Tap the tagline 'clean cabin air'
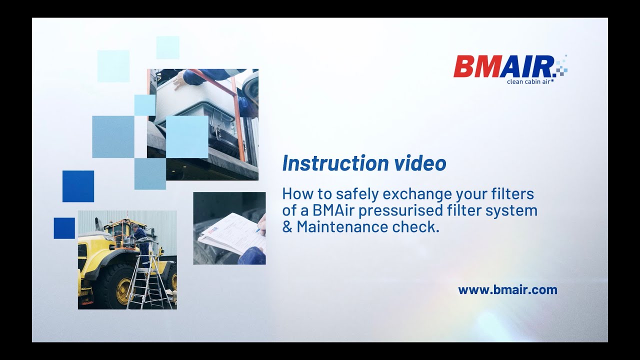coord(528,81)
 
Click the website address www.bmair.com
coord(507,289)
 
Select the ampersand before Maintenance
coord(287,227)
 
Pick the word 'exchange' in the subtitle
coord(413,193)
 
